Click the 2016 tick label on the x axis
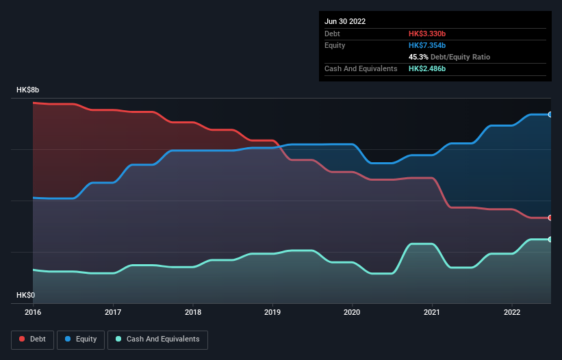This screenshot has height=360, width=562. point(33,313)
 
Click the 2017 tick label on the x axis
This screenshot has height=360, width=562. point(113,313)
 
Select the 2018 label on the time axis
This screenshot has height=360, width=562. point(193,313)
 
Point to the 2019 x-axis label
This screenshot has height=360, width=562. point(272,313)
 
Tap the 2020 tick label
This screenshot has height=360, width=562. point(352,313)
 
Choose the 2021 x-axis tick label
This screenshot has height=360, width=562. point(432,313)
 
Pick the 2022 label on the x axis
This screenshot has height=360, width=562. point(511,313)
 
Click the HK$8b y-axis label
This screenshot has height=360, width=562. point(28,90)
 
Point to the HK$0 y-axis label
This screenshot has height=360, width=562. point(25,295)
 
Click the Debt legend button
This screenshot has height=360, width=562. point(33,339)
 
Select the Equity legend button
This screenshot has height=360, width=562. point(81,339)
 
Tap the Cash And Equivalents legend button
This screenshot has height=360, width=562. point(157,339)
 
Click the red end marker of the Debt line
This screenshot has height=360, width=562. point(550,218)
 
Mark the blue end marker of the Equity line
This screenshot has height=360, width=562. point(550,114)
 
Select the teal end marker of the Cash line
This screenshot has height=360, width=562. point(550,239)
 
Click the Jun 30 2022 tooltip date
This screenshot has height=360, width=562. point(345,21)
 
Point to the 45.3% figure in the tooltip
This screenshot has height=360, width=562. point(419,57)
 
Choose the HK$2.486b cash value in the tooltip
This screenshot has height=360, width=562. point(429,68)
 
